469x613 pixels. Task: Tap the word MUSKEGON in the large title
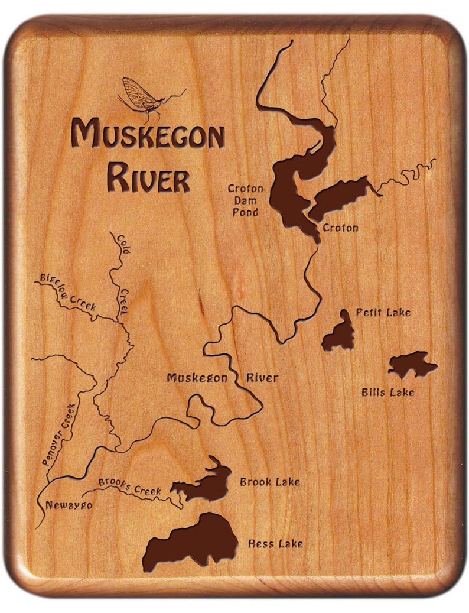click(148, 135)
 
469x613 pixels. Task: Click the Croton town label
click(340, 227)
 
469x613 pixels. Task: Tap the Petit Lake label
click(383, 312)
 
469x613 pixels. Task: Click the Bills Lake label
click(388, 391)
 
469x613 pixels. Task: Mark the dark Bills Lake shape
click(412, 364)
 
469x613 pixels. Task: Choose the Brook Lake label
click(269, 482)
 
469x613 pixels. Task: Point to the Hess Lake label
click(275, 543)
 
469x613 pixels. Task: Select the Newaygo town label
click(69, 505)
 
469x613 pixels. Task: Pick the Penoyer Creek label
click(59, 434)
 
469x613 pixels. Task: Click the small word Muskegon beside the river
click(197, 378)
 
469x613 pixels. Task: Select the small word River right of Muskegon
click(262, 378)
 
